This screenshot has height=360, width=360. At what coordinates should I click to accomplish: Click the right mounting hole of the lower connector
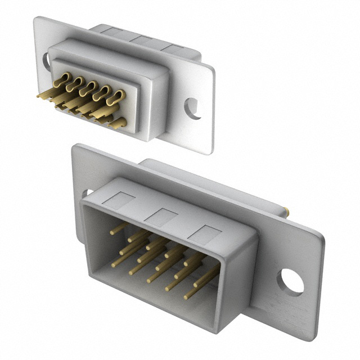pos(290,282)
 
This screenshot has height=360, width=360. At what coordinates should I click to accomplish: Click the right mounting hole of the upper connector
pos(193,109)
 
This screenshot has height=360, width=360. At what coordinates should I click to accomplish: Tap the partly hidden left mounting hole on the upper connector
pos(46,61)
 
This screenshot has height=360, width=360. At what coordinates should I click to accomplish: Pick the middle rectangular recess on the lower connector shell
pos(161,217)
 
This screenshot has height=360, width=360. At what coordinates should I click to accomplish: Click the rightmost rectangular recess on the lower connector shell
pos(204,235)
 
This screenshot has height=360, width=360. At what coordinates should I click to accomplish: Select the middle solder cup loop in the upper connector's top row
pos(89,88)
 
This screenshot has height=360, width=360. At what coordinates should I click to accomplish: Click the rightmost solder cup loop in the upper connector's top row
pos(116,97)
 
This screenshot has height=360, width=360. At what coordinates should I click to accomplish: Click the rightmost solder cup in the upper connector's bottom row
pos(119,123)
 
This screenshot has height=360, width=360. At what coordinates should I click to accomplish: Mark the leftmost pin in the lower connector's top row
pos(118,228)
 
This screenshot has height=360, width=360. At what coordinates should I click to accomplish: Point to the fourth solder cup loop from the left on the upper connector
pos(103,93)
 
